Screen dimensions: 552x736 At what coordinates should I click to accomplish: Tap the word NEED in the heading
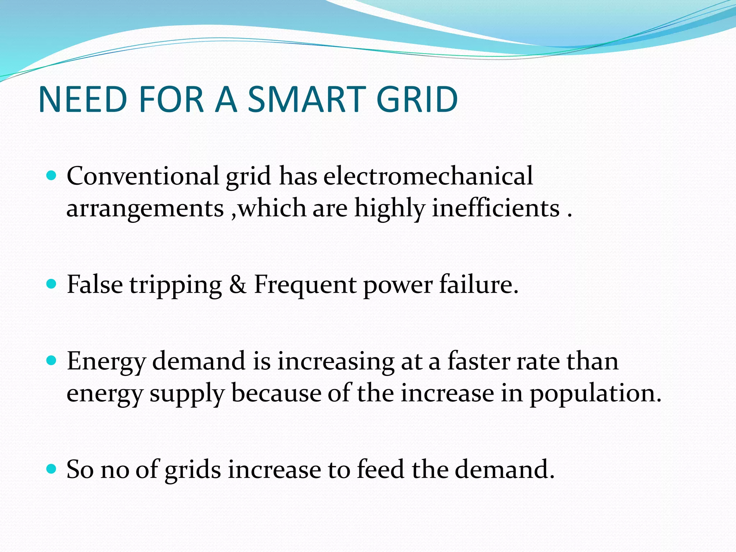(x=83, y=100)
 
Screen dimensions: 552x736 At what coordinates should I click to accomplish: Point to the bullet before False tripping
(x=52, y=284)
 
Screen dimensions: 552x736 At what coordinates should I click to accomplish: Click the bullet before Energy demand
(x=52, y=360)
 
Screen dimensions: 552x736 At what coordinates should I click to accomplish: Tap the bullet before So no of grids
(x=52, y=469)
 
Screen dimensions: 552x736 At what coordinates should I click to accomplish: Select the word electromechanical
(x=428, y=176)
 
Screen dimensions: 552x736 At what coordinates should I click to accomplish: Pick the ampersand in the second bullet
(x=238, y=285)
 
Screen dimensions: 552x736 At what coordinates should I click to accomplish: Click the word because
(x=276, y=393)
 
